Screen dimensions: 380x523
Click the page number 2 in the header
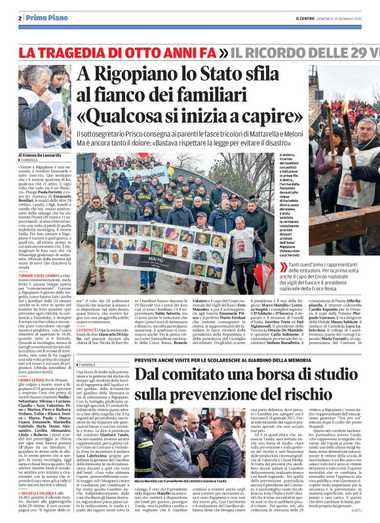[21, 18]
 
